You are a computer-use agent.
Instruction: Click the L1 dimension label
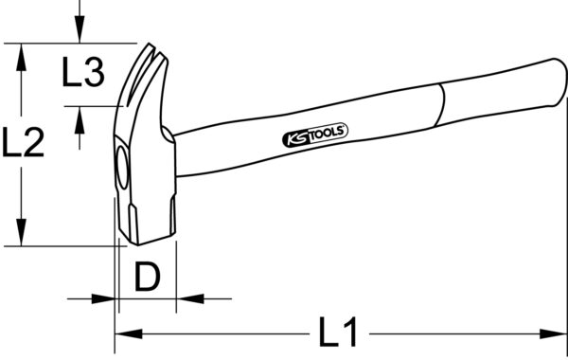coord(336,333)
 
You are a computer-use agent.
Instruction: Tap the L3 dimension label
coord(82,73)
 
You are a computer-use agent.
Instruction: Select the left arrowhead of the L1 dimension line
coord(123,333)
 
